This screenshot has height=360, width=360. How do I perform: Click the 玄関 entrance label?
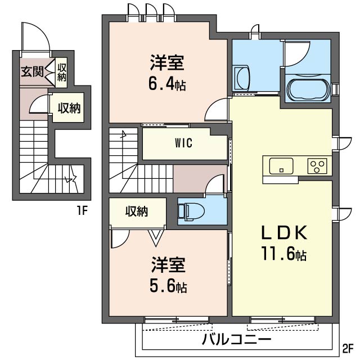[32, 72]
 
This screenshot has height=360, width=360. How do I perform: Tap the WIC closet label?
[183, 143]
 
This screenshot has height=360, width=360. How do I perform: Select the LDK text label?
[285, 232]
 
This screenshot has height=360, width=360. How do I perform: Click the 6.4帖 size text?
[167, 84]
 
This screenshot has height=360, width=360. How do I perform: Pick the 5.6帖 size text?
[168, 286]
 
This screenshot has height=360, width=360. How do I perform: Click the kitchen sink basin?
[281, 166]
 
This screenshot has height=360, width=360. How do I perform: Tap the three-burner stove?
[317, 166]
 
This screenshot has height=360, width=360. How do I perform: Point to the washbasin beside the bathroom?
[241, 78]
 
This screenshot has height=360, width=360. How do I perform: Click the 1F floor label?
[83, 210]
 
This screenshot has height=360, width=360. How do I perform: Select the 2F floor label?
[348, 349]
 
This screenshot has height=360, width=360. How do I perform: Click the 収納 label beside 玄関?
[61, 73]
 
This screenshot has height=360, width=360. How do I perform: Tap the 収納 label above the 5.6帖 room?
[137, 211]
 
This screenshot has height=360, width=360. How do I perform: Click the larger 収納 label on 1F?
[69, 107]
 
